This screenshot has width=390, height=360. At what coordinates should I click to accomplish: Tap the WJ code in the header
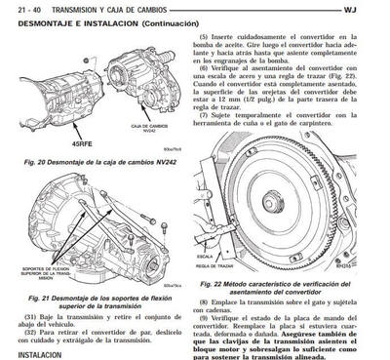pos(376,10)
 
